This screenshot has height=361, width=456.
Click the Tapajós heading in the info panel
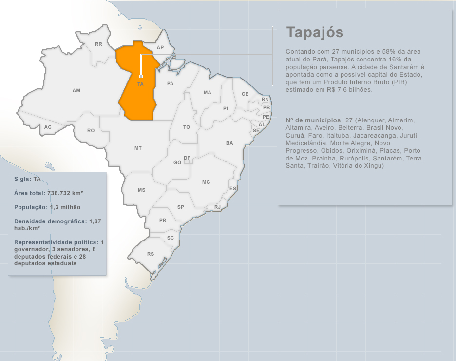tap(315, 32)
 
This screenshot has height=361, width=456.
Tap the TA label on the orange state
tap(141, 84)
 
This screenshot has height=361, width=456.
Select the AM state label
tap(76, 91)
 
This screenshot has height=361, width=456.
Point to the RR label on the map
tap(98, 44)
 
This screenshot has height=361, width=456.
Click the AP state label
tap(160, 48)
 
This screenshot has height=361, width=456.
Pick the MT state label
tap(138, 148)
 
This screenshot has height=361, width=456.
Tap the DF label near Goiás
tap(187, 158)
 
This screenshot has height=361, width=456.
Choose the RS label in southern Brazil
tap(151, 254)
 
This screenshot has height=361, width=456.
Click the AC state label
tap(48, 127)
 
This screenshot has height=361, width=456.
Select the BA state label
tap(229, 143)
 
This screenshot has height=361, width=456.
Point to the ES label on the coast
tap(233, 189)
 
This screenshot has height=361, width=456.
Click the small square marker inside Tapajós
tap(141, 76)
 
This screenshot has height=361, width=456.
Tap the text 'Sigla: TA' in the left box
tap(27, 179)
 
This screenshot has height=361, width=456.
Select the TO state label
tap(187, 127)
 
